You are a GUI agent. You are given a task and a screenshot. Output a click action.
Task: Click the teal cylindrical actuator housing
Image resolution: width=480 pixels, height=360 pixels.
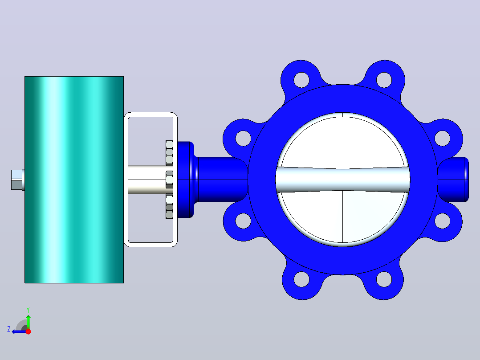74,180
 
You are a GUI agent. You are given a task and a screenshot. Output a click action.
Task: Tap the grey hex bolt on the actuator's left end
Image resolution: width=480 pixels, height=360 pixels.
17,180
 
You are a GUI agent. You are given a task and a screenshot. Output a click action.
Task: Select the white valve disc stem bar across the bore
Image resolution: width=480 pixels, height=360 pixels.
343,180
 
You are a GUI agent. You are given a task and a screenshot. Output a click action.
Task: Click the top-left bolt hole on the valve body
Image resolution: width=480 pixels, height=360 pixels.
301,80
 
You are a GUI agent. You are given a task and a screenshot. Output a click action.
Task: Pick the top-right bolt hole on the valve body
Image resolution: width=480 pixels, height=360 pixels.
384,80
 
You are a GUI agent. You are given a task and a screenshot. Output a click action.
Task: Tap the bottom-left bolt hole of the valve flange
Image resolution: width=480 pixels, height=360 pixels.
301,279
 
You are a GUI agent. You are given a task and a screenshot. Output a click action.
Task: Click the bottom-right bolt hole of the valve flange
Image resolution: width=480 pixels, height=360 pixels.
384,279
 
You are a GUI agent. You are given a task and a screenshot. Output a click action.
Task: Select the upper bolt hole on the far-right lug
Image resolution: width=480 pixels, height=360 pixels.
442,138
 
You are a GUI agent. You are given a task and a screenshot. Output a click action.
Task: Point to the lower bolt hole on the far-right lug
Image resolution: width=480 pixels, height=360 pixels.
442,221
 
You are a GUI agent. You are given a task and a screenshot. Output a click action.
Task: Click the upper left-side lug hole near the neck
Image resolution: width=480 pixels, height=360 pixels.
244,138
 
